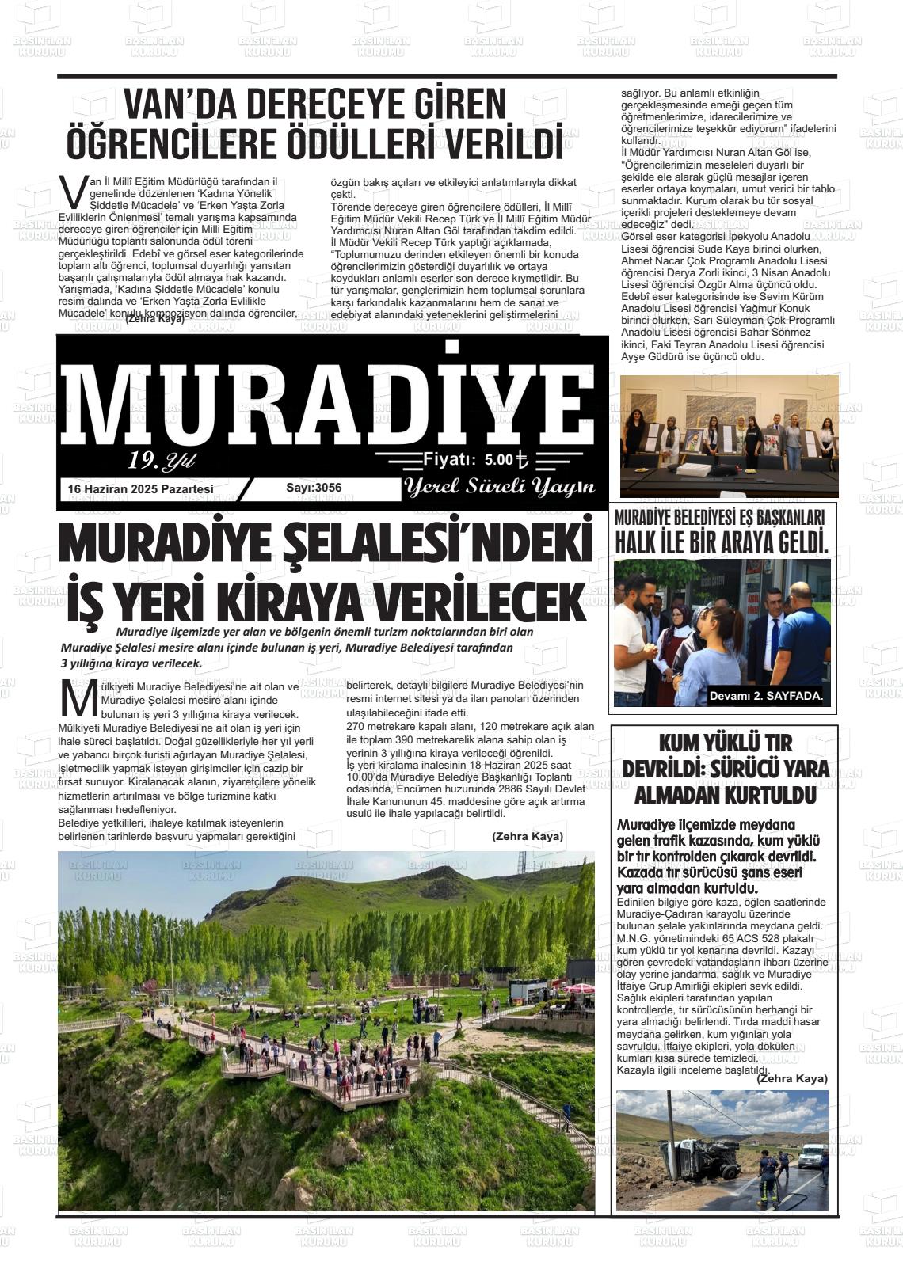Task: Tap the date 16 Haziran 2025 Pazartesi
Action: coord(141,489)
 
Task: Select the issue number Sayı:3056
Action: coord(314,488)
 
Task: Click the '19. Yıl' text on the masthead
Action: coord(162,460)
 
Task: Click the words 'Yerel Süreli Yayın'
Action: coord(499,487)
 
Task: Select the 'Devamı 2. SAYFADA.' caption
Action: coord(766,697)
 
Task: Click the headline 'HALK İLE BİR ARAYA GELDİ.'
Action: coord(722,542)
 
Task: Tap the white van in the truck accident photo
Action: coord(811,1155)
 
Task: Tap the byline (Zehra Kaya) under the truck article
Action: coord(791,1078)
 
